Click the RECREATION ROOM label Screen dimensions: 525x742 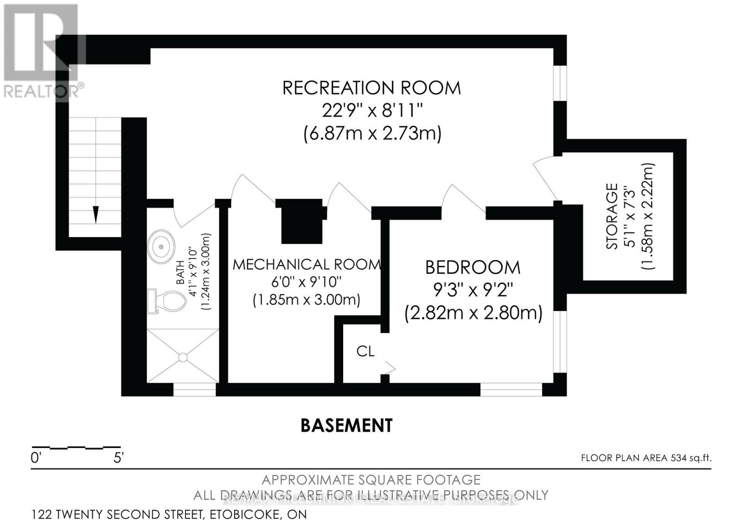click(x=371, y=88)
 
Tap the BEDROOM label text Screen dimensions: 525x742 click(x=473, y=268)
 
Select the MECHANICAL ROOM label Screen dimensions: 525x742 click(x=306, y=265)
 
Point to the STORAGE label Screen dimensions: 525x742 click(x=613, y=216)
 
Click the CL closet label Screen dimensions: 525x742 click(x=365, y=351)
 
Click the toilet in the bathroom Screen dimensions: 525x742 click(x=168, y=301)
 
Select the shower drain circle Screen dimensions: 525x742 click(x=183, y=357)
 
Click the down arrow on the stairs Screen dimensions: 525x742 click(x=96, y=214)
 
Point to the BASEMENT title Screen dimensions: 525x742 click(x=346, y=425)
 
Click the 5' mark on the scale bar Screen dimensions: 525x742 click(x=118, y=458)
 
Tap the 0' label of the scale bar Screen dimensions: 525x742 click(x=36, y=458)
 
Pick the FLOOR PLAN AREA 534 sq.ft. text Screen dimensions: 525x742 click(x=646, y=458)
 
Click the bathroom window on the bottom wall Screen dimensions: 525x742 click(x=194, y=389)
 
